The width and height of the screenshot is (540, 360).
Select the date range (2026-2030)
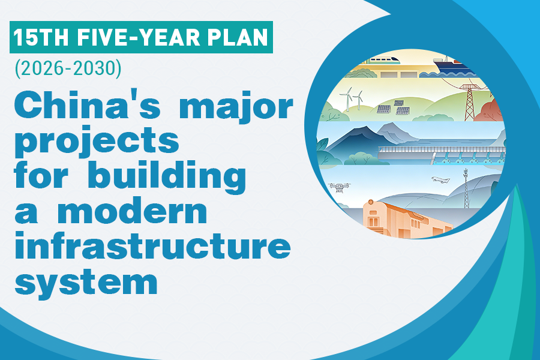pos(68,68)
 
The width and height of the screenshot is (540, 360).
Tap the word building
pos(167,176)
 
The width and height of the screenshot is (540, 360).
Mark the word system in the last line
pos(86,283)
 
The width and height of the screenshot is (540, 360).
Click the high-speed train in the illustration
pos(383,59)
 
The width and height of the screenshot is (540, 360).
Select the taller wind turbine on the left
pos(348,98)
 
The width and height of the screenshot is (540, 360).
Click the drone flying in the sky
pos(340,187)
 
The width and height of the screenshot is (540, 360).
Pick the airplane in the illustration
pos(441,180)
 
